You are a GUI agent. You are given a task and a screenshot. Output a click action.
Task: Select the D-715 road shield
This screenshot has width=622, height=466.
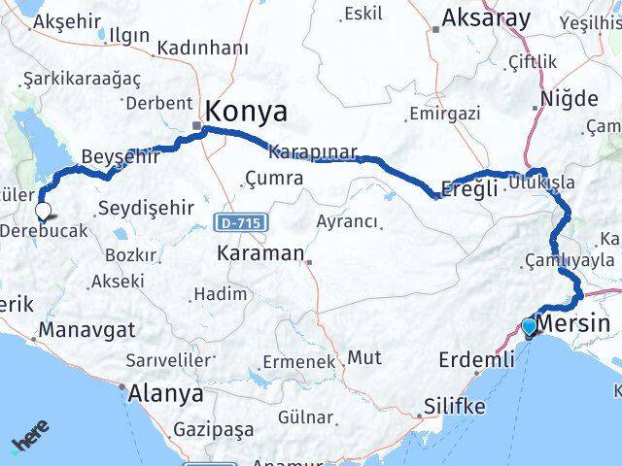click(237, 223)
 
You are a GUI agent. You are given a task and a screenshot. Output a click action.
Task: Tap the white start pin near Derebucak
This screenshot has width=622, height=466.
click(43, 209)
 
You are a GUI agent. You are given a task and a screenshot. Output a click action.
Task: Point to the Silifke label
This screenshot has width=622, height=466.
click(454, 408)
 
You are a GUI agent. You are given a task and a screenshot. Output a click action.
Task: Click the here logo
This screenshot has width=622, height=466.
click(31, 443)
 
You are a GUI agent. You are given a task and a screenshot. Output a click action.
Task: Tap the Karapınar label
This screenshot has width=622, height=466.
click(313, 152)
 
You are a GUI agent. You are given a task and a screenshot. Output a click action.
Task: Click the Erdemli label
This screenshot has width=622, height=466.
click(476, 360)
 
